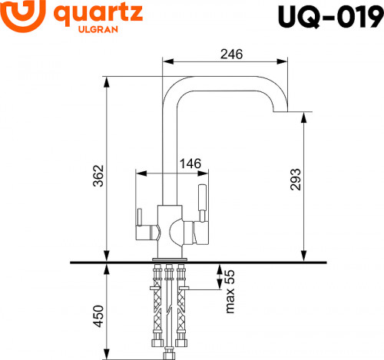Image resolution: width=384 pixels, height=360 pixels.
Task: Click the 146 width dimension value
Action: (190, 163)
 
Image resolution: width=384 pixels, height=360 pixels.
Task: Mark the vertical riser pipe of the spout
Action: (168, 146)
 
